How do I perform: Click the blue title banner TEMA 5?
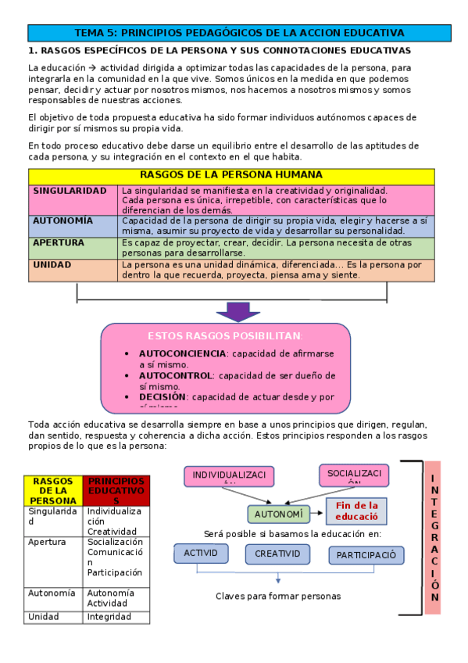point(239,33)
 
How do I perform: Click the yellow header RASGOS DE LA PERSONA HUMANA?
point(230,175)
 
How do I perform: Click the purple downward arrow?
point(238,311)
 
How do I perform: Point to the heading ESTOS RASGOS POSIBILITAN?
point(224,335)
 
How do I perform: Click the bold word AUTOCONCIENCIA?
point(172,353)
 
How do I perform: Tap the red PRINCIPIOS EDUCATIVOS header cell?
point(116,490)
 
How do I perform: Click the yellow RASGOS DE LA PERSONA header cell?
point(53,490)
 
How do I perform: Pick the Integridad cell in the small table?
point(109,617)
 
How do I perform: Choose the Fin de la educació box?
point(356,511)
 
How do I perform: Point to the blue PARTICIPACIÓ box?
point(366,555)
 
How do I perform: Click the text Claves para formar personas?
point(278,596)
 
